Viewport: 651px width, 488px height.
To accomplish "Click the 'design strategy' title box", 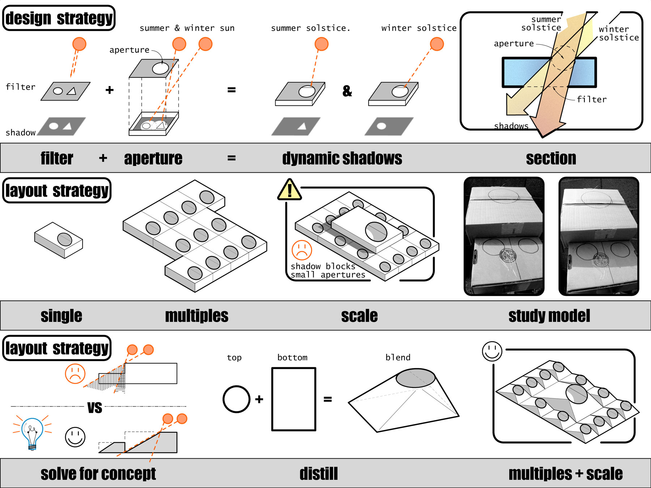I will click(59, 18).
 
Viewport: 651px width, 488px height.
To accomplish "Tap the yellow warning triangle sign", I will click(289, 190).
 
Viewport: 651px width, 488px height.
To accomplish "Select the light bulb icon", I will click(32, 433).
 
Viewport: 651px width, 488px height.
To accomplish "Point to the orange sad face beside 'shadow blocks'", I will click(302, 250).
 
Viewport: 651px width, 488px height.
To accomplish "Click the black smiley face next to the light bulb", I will click(75, 437).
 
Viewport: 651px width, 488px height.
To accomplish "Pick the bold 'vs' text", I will click(95, 407).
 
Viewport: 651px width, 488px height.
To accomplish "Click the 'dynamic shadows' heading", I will click(342, 158).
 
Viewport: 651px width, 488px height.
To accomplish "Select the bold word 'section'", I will click(551, 158).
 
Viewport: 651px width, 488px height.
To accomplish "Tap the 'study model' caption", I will click(549, 316).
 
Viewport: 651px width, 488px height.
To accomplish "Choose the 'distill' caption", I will click(318, 474).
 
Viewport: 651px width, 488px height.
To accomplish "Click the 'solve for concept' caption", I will click(98, 474).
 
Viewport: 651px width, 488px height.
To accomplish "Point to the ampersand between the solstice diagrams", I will click(347, 91).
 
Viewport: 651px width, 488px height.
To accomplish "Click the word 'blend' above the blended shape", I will click(398, 358).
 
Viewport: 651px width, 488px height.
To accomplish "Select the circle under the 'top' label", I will click(237, 399).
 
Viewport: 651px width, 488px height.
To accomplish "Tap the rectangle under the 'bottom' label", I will click(294, 399).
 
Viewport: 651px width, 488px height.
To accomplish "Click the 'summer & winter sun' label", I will click(187, 28).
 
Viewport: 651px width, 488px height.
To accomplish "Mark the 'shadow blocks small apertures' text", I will click(328, 270).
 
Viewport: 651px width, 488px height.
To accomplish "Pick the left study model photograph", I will click(504, 236).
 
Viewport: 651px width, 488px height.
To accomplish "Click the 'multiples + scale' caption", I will click(565, 474).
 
